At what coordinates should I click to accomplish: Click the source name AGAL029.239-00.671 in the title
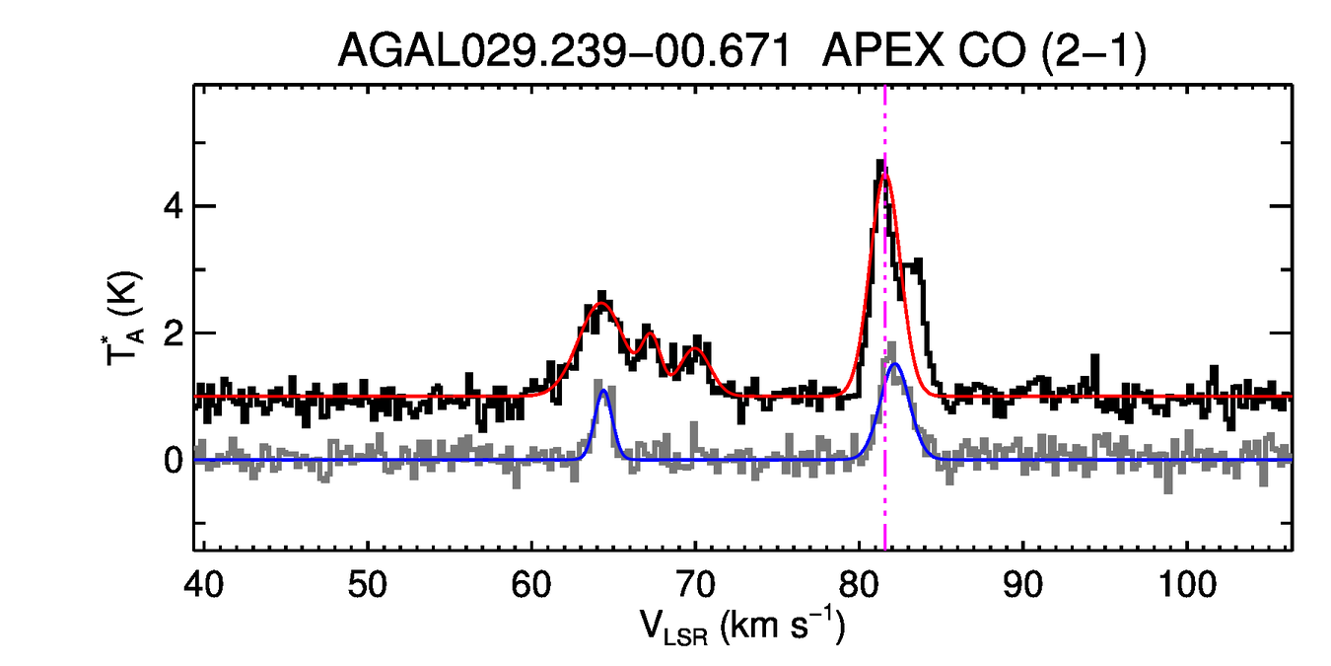(564, 49)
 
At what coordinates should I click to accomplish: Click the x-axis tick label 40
(202, 586)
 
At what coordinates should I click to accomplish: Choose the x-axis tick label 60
(531, 586)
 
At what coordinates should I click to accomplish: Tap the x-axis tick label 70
(695, 586)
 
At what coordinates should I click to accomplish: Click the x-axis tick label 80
(860, 586)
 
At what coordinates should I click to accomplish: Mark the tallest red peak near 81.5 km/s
(885, 176)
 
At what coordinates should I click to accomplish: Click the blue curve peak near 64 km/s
(602, 391)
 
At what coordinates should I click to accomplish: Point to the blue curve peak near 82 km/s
(895, 364)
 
